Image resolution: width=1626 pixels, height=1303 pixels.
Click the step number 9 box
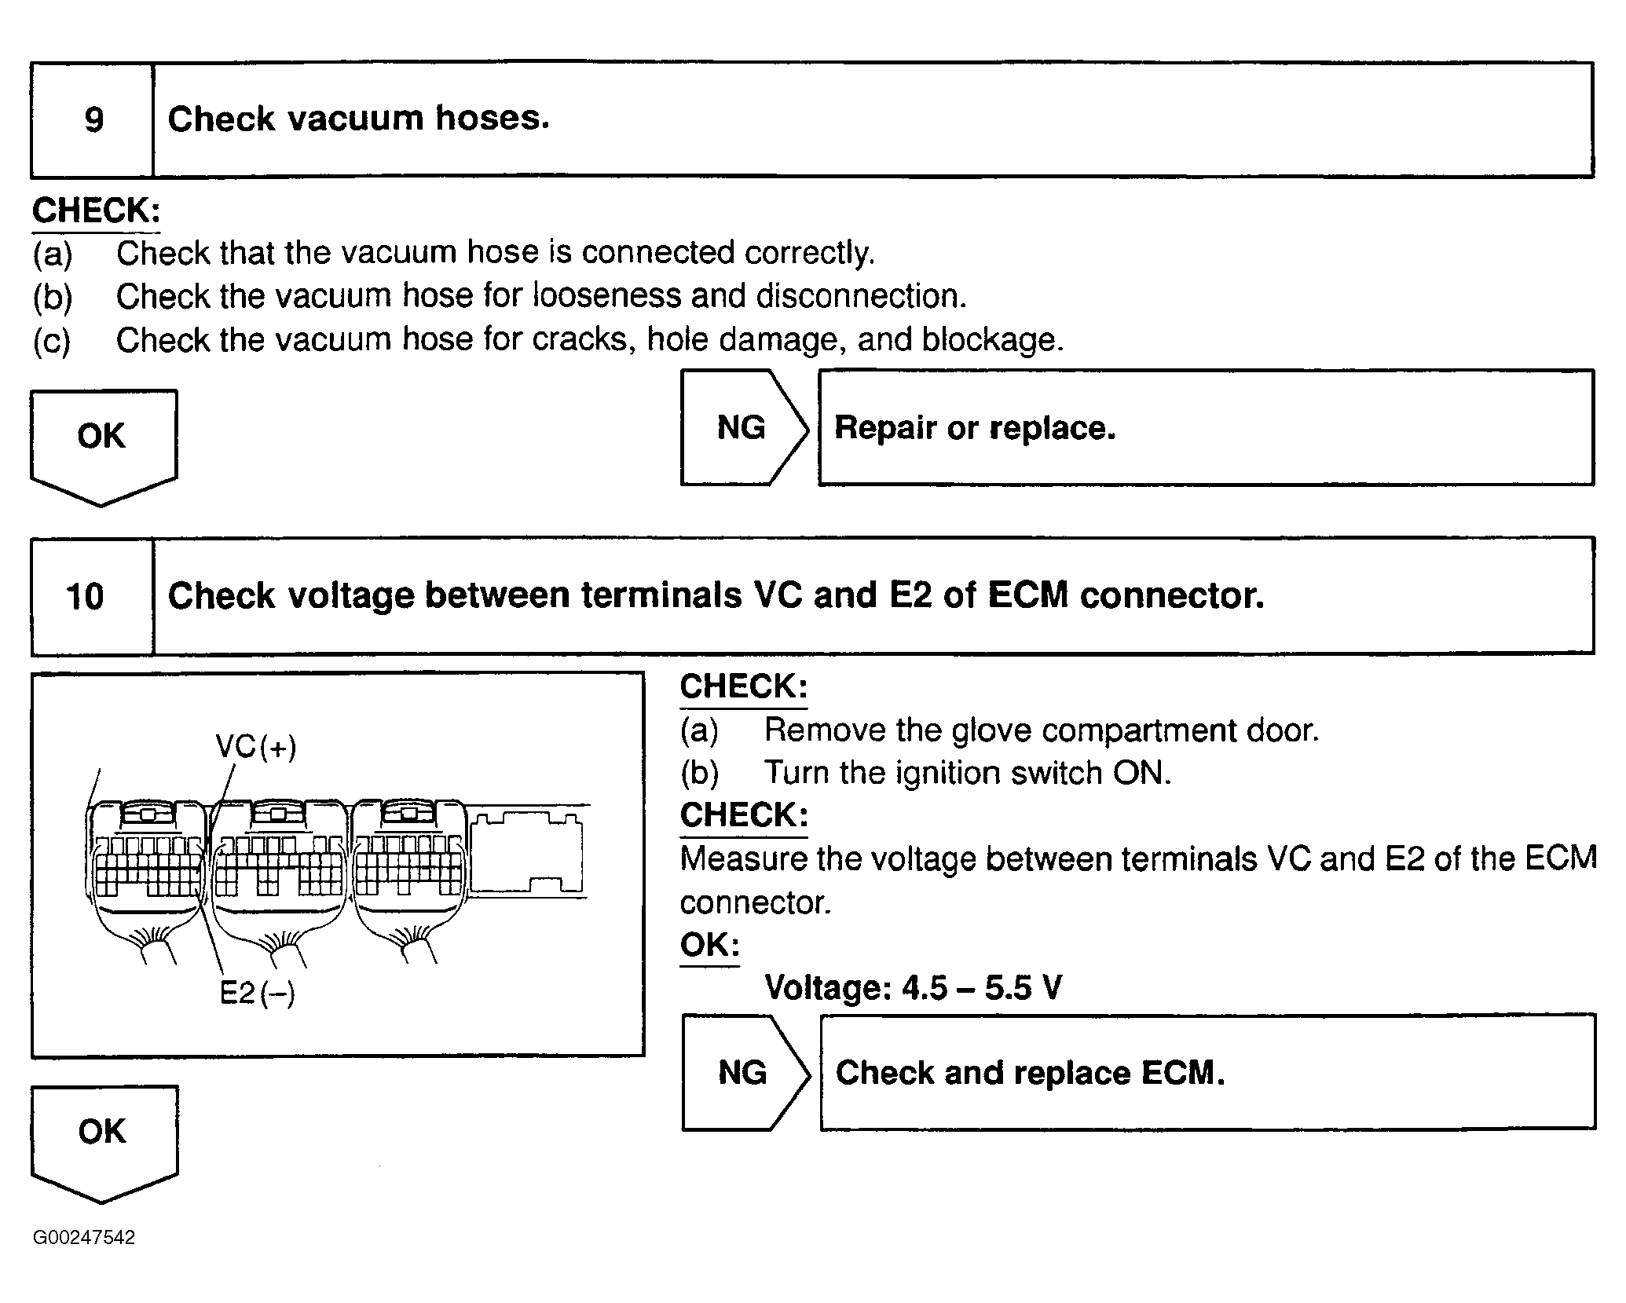tap(93, 120)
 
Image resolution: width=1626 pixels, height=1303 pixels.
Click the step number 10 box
tap(85, 596)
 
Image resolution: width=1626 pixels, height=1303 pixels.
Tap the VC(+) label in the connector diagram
tap(256, 746)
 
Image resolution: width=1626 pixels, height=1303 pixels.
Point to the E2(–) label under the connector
tap(257, 993)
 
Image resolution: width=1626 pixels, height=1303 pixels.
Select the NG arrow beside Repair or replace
tap(742, 428)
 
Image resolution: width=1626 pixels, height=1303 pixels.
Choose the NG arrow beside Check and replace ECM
tap(742, 1073)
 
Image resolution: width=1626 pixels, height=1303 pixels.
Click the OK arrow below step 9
tap(102, 445)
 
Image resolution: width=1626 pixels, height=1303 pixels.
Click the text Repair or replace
tap(974, 428)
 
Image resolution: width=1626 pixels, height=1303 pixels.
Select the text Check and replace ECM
tap(1030, 1073)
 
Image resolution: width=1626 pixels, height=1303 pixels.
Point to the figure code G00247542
tap(84, 1238)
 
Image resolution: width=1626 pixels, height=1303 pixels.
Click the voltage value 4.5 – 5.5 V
tap(981, 987)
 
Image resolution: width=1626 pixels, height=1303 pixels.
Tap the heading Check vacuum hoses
tap(358, 119)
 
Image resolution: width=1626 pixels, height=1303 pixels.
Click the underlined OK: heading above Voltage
tap(709, 945)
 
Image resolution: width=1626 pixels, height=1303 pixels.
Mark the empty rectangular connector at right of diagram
tap(528, 851)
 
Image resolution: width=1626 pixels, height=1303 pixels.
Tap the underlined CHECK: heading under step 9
tap(96, 210)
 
